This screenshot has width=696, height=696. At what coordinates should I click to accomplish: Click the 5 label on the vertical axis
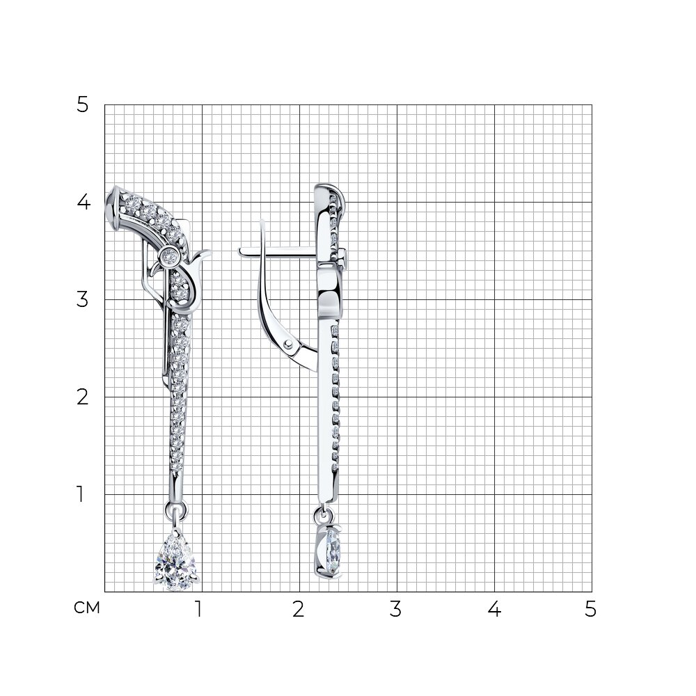[83, 105]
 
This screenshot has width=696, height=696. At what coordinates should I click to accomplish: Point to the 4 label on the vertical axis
[84, 203]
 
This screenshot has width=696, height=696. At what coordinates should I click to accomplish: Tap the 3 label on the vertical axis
[83, 299]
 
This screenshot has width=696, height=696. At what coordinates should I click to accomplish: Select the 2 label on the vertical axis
[83, 397]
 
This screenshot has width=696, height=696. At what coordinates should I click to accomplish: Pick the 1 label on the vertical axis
[80, 494]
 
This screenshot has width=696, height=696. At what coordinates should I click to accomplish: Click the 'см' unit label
[86, 608]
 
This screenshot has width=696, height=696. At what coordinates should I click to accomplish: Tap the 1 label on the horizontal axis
[198, 609]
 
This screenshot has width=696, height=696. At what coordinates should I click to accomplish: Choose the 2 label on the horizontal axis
[299, 609]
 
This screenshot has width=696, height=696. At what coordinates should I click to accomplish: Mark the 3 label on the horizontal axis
[395, 609]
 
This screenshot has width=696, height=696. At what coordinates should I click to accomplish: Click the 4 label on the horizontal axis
[494, 609]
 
